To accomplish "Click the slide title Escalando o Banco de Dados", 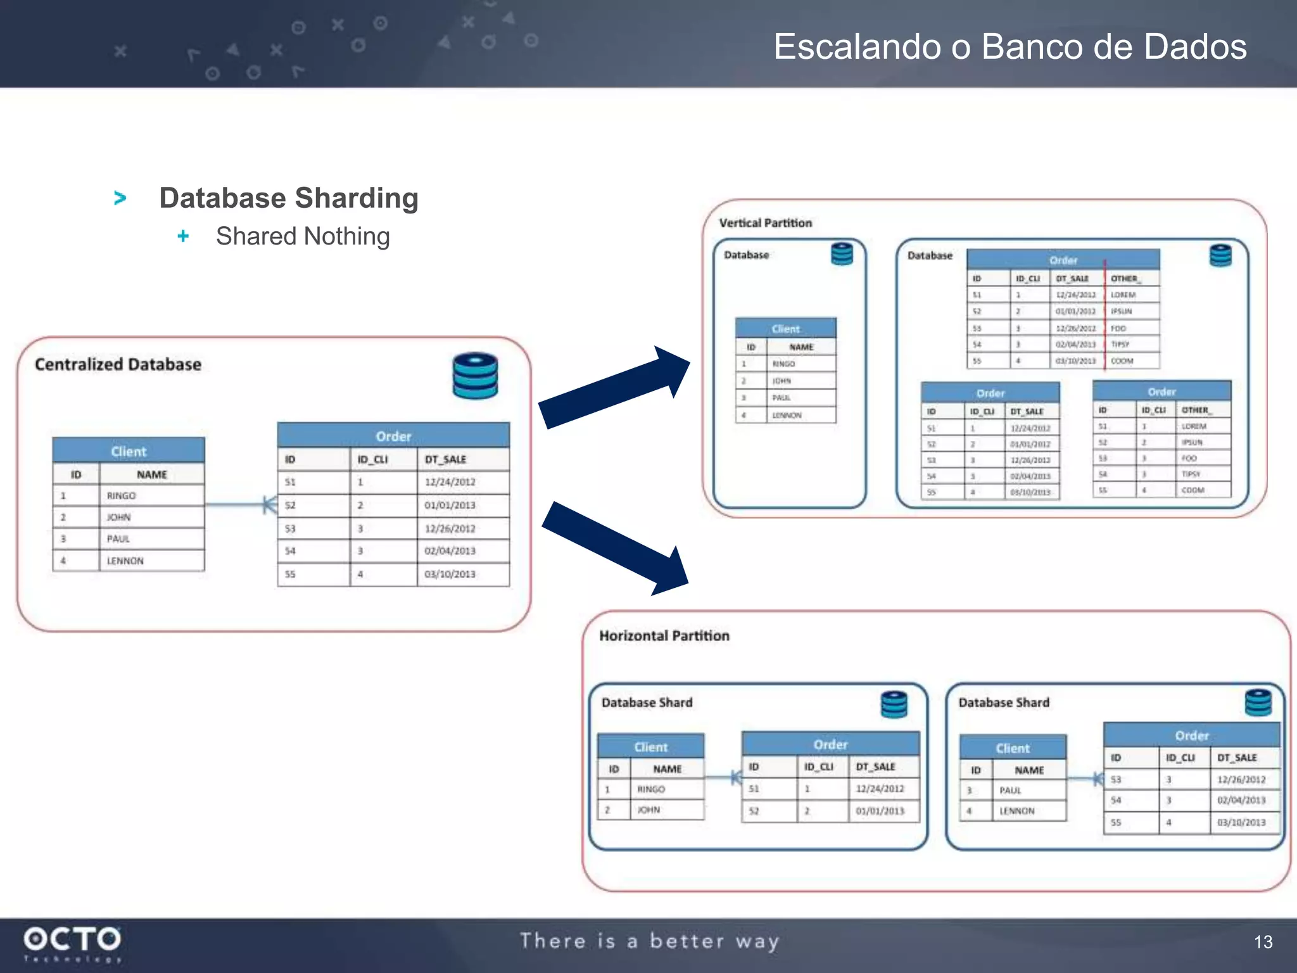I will click(1009, 47).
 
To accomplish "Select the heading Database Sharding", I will click(289, 198).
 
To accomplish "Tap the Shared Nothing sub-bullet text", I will click(303, 236).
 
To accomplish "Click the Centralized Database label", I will click(118, 364).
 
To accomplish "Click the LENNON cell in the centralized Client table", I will click(125, 561).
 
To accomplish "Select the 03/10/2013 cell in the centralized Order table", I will click(450, 574).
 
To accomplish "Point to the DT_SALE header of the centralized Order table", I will click(445, 459).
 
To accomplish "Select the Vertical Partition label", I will click(765, 223).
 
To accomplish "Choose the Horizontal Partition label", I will click(664, 635).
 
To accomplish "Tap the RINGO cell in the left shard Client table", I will click(651, 789).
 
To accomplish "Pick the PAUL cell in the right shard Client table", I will click(1010, 791).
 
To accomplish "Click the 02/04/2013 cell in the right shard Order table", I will click(1241, 801).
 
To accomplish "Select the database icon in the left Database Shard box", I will click(894, 704).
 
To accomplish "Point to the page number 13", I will click(1263, 942).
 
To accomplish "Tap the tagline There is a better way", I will click(649, 941).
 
